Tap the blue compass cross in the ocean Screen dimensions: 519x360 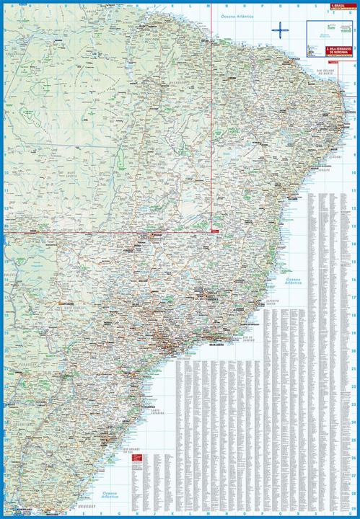[x=278, y=30]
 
